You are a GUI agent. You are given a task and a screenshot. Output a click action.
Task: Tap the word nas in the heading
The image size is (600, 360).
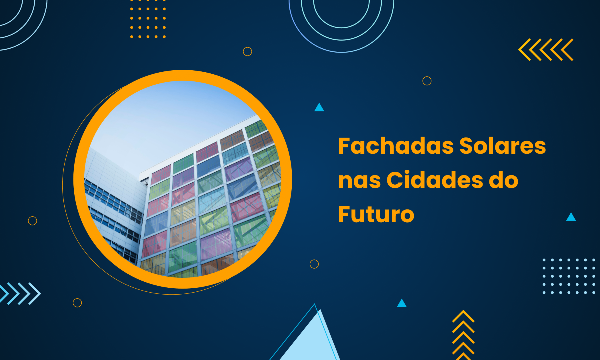[x=359, y=180]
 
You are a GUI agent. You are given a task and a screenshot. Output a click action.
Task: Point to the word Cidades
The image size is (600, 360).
[x=435, y=180]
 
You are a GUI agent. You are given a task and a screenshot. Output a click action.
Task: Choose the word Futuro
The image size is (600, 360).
[x=376, y=214]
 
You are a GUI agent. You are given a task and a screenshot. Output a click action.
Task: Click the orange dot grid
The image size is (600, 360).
[x=148, y=19]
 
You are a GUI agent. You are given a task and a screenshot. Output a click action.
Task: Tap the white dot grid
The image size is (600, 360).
[x=569, y=276]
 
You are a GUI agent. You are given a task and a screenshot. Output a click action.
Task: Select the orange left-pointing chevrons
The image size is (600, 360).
[x=546, y=50]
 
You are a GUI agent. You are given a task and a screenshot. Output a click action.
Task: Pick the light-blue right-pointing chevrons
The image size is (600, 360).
[x=20, y=293]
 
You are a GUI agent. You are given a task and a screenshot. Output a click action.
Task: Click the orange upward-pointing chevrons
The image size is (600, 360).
[x=463, y=335]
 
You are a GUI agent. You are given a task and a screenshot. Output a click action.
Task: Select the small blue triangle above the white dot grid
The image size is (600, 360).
[x=571, y=217]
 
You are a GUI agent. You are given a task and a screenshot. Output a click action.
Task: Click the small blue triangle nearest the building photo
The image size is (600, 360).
[x=319, y=107]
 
